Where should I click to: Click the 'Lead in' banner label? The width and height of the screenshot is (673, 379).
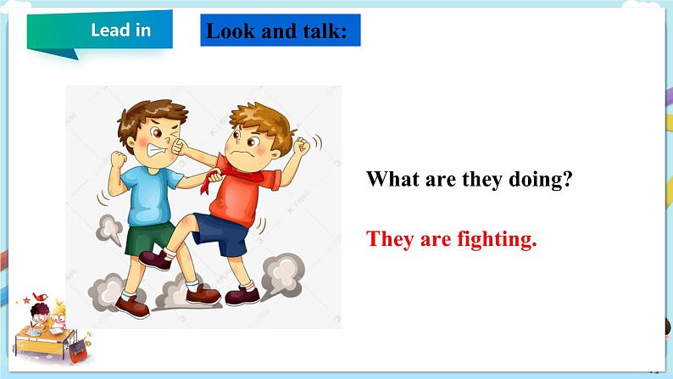pyautogui.click(x=120, y=31)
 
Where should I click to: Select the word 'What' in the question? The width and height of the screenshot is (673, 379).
pyautogui.click(x=397, y=180)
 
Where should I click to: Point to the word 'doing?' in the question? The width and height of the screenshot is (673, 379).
pyautogui.click(x=536, y=180)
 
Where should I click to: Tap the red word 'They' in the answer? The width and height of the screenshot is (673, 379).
pyautogui.click(x=391, y=239)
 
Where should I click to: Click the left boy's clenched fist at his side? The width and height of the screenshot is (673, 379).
pyautogui.click(x=118, y=160)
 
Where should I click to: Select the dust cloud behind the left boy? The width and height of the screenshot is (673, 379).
pyautogui.click(x=109, y=227)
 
